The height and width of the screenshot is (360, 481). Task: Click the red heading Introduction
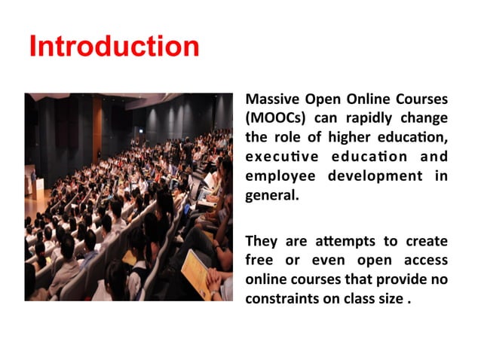[114, 47]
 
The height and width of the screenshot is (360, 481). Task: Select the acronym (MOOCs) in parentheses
[271, 118]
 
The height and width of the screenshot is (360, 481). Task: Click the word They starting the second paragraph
[262, 241]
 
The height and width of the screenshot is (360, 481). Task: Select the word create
[427, 241]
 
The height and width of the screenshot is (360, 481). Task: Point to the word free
[259, 261]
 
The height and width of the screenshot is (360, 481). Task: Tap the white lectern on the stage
[38, 188]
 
